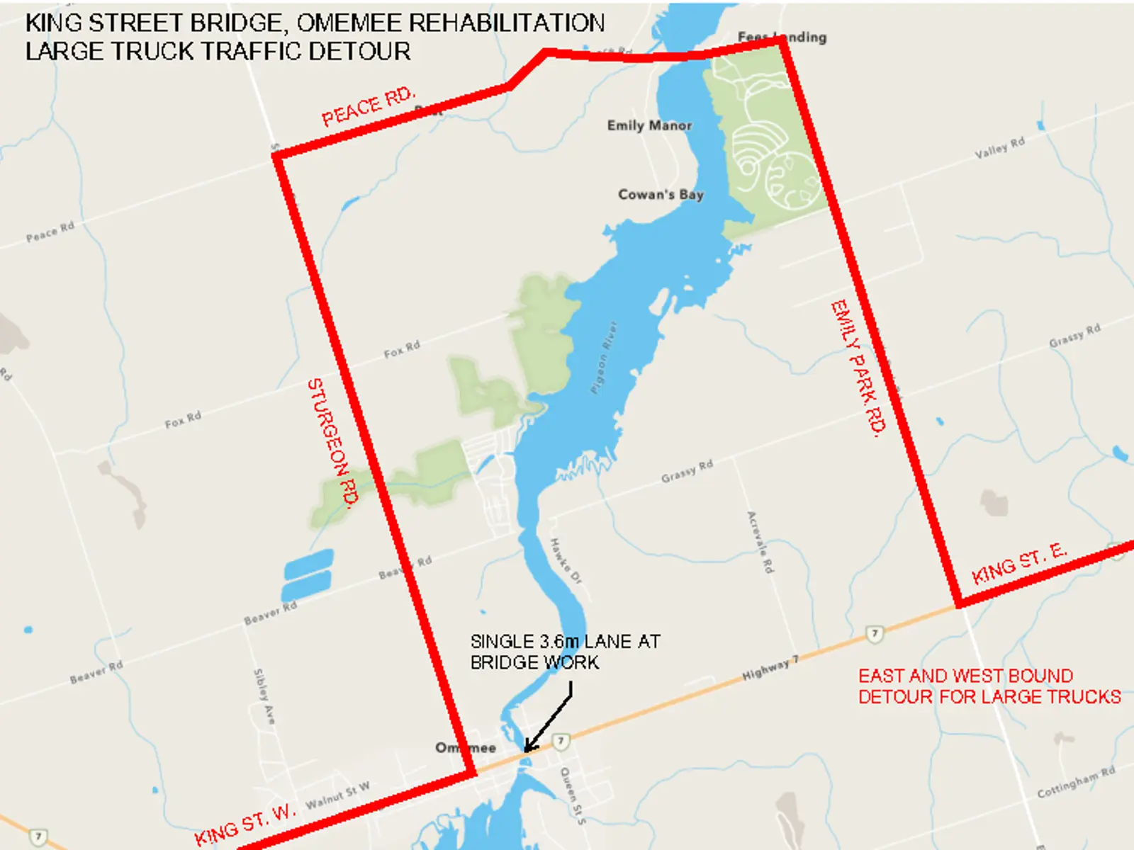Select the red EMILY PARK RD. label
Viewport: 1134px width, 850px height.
click(858, 368)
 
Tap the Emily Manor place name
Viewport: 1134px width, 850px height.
click(649, 125)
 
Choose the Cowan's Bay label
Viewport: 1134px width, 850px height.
click(661, 194)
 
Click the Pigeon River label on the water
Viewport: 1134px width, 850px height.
click(604, 357)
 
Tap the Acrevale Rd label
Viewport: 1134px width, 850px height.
click(760, 542)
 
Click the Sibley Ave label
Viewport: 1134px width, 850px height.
click(264, 696)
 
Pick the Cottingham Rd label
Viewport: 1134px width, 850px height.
click(1076, 782)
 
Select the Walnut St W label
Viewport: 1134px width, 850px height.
click(337, 796)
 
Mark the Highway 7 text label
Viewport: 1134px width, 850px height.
click(770, 668)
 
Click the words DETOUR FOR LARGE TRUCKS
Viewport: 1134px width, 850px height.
click(989, 697)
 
